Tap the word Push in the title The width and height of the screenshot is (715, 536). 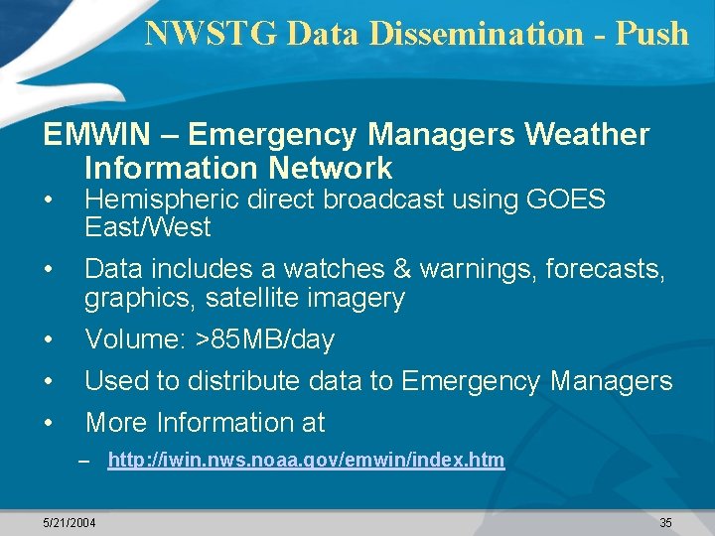(650, 34)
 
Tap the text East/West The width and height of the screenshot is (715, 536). (148, 227)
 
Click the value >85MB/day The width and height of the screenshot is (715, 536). (265, 340)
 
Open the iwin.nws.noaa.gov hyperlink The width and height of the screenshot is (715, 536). (306, 461)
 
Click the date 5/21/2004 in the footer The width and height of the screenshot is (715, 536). (70, 522)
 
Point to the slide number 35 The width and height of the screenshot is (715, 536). (665, 522)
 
